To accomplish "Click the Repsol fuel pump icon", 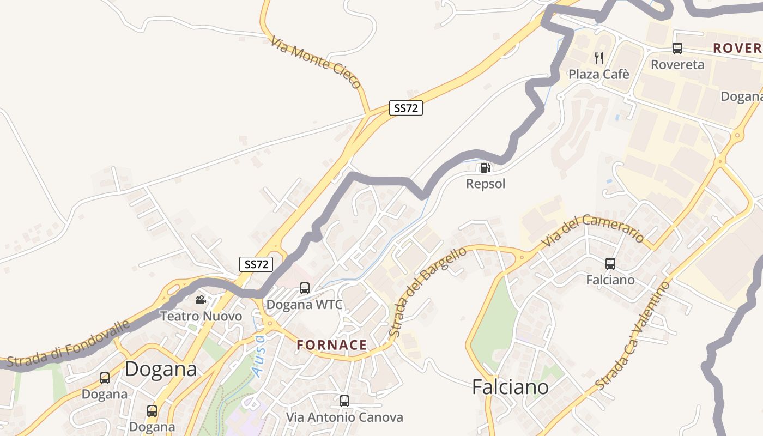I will coord(485,168).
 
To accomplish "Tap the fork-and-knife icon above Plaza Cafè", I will coord(599,58).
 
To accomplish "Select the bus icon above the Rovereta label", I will coord(677,49).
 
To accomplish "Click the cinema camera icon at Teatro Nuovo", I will coord(201,300).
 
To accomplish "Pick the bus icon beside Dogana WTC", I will coord(305,288).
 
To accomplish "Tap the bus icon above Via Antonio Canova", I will coord(344,401).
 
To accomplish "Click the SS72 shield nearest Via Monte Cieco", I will coord(406,108).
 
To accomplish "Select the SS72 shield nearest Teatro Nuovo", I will coord(256,264).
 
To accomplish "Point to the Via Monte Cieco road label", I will coord(316,62).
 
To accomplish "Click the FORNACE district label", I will coord(332,345).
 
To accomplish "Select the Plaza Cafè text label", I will coord(599,74).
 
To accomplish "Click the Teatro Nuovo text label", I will coord(201,316).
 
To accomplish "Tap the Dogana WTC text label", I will coord(304,305).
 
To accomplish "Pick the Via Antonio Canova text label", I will coord(344,417).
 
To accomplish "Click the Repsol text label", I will coord(485,184).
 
